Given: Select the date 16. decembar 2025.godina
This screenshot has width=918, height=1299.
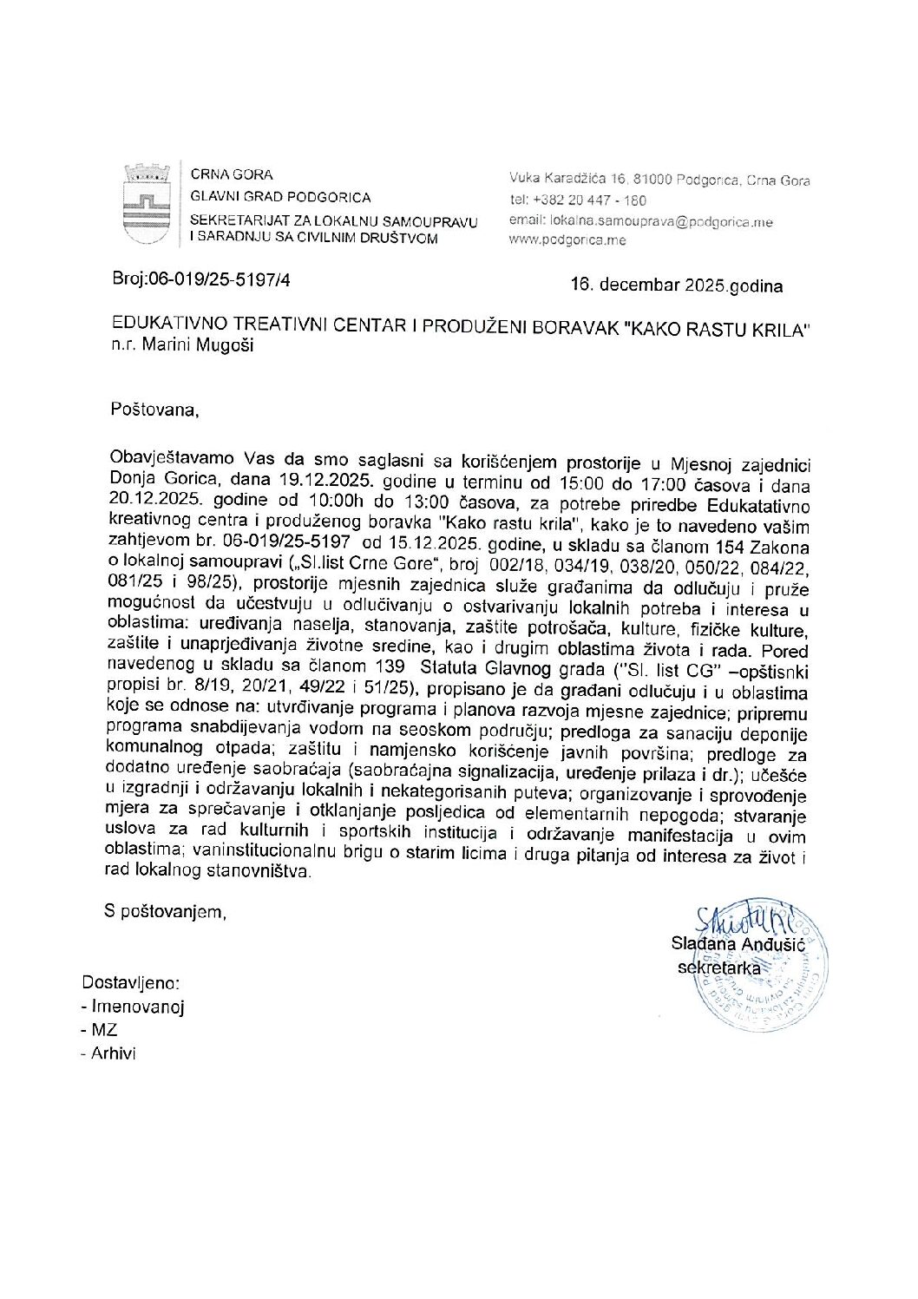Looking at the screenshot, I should tap(676, 285).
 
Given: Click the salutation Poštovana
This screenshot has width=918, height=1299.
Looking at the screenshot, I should tap(154, 409).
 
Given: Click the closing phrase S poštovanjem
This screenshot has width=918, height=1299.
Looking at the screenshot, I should tap(165, 911).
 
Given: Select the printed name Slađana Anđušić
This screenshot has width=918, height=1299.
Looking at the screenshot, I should tap(738, 944).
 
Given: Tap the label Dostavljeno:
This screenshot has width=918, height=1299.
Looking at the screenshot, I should tap(131, 983).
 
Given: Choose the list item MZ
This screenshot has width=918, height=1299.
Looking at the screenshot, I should tap(104, 1030).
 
